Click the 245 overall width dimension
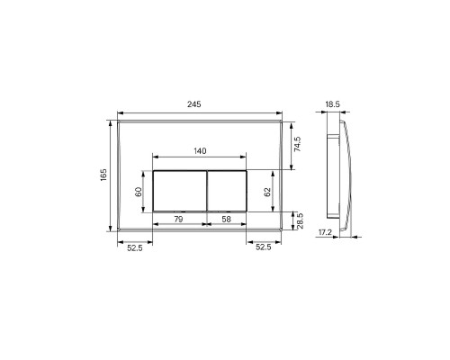(x=194, y=104)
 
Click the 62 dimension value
(x=266, y=191)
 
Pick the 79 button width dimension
(x=178, y=219)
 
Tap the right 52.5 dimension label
(x=265, y=247)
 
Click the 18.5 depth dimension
(x=332, y=104)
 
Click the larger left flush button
(x=180, y=191)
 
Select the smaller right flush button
(x=228, y=191)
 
